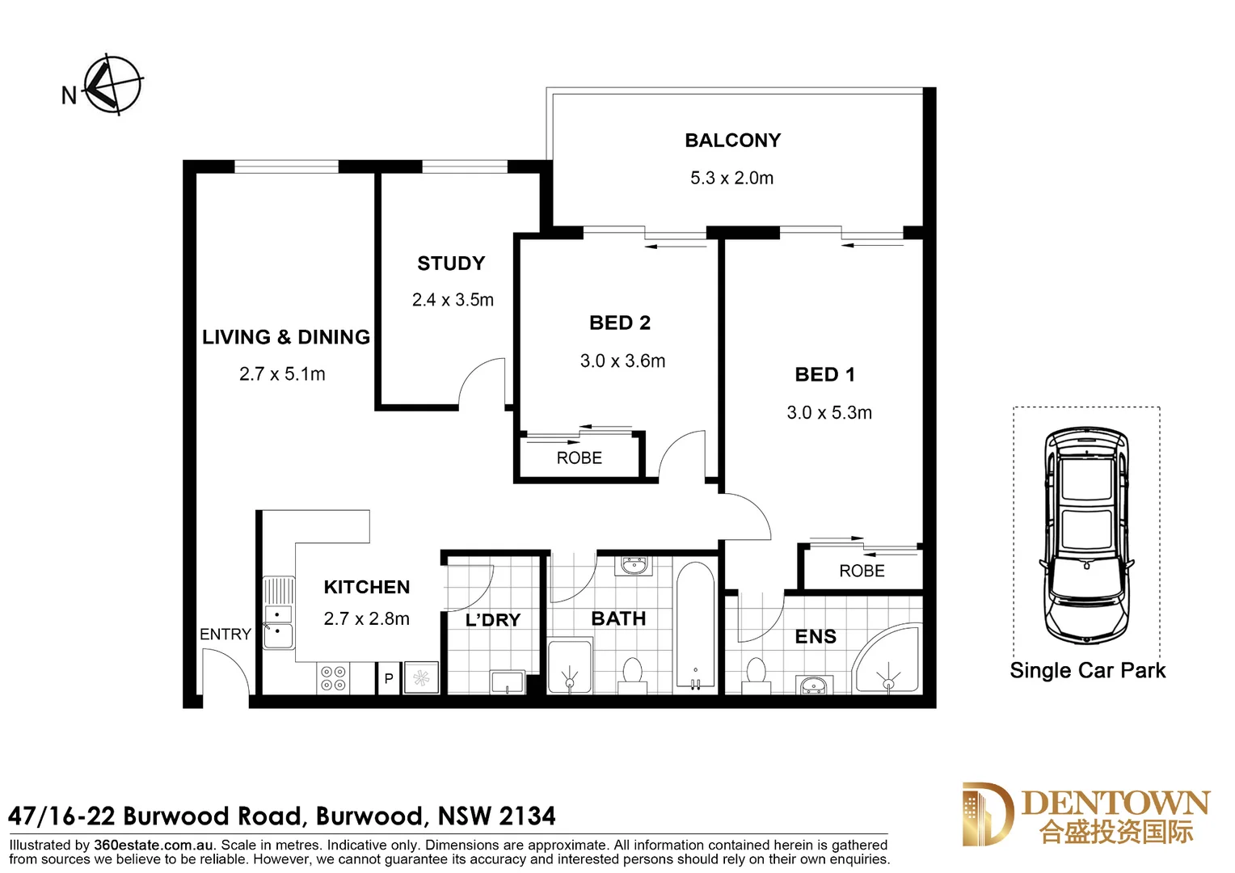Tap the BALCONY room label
click(x=732, y=141)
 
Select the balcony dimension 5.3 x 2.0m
click(x=731, y=178)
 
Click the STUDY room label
click(x=451, y=264)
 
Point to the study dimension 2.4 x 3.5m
click(x=453, y=300)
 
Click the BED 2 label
click(x=620, y=323)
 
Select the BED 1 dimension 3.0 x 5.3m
click(x=829, y=413)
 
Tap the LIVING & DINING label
click(x=286, y=337)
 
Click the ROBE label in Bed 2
click(x=579, y=458)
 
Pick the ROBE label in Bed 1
click(x=862, y=571)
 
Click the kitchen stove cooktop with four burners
click(x=334, y=678)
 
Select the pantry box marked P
click(x=389, y=679)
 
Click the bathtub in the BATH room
click(x=695, y=626)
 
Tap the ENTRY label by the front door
click(x=226, y=635)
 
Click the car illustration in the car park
click(x=1085, y=535)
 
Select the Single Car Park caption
click(x=1087, y=671)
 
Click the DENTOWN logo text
click(x=1115, y=803)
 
